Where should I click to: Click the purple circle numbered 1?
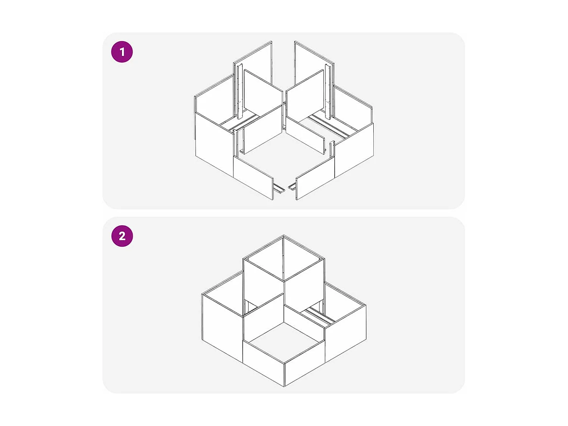122,52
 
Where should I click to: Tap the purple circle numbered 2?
122,236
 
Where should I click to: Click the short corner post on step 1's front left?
236,143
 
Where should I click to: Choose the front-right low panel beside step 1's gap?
315,178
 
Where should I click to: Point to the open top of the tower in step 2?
284,259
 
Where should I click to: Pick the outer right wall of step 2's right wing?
345,334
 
